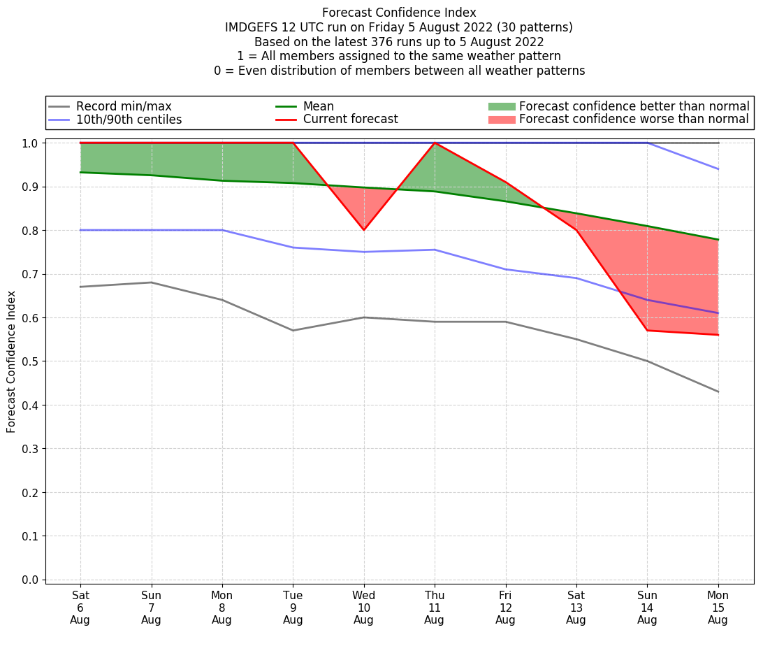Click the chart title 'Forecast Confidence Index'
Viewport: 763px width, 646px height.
[x=399, y=13]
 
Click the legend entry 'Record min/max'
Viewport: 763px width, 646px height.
[x=123, y=106]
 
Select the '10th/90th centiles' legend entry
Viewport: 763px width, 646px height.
[x=129, y=120]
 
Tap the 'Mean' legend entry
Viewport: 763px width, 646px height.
[x=318, y=106]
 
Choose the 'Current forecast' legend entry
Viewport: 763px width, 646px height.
[x=350, y=120]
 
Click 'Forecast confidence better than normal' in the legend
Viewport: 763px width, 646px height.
[x=634, y=106]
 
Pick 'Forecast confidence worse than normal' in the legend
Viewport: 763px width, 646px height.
[x=634, y=120]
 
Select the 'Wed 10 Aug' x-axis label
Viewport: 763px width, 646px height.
[x=363, y=608]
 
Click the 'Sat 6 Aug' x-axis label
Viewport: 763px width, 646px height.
[x=80, y=608]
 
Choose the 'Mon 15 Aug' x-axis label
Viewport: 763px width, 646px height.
[x=718, y=608]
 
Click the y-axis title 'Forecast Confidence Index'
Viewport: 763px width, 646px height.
[x=11, y=361]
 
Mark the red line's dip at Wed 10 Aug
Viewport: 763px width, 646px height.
[x=364, y=230]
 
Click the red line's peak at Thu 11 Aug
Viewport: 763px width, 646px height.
[x=435, y=143]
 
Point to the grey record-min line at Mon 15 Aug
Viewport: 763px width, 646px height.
[x=718, y=392]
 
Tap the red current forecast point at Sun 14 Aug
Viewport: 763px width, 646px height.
[x=647, y=330]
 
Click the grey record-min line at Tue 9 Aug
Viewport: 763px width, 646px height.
[x=293, y=331]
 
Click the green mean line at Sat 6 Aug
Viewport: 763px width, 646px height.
[x=81, y=172]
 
